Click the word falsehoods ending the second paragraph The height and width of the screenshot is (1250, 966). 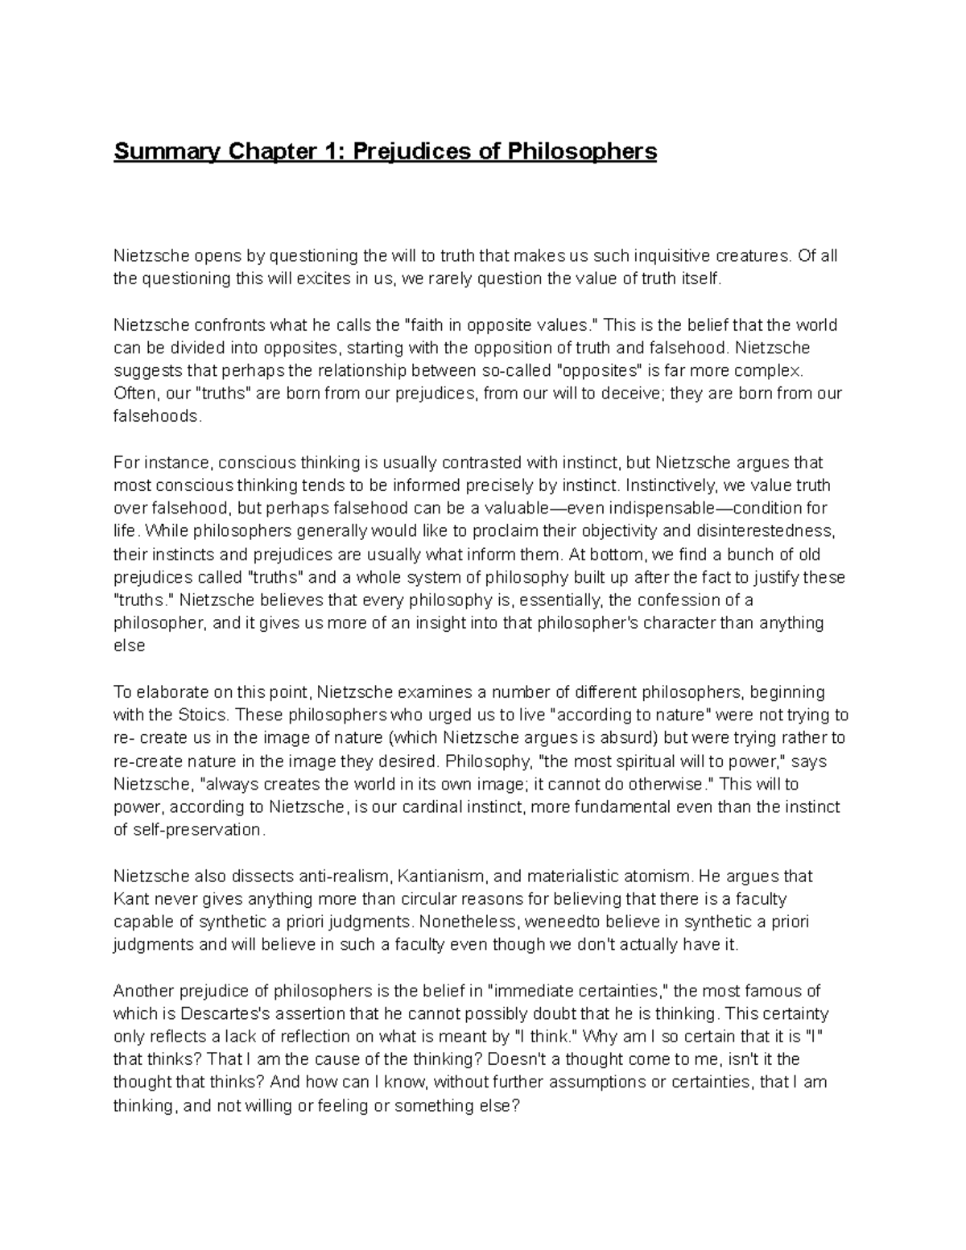pos(159,417)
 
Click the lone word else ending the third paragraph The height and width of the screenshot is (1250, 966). pos(129,646)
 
